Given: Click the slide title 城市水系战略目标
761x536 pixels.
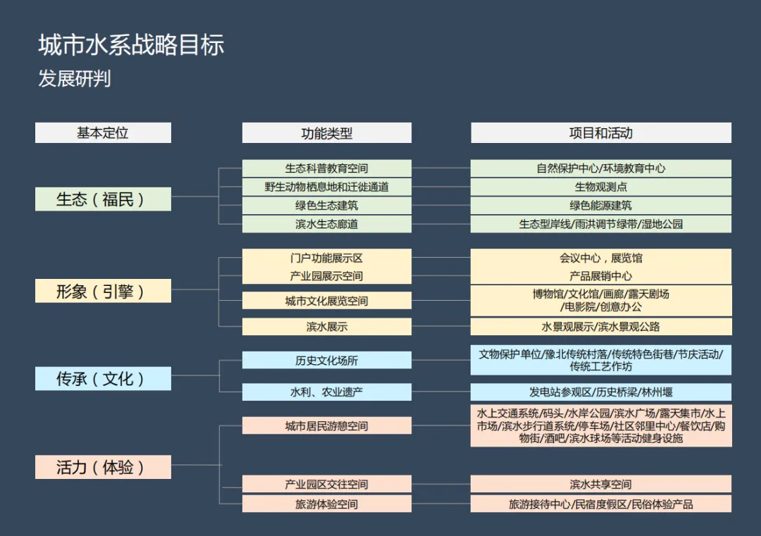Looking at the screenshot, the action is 131,46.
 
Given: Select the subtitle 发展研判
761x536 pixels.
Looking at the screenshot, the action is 75,79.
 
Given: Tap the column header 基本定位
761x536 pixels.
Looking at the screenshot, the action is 103,133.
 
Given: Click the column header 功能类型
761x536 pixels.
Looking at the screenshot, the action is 326,133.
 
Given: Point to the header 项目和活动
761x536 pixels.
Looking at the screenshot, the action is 600,133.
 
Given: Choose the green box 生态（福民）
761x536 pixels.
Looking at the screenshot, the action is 103,199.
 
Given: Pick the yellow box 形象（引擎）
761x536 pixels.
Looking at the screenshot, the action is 103,291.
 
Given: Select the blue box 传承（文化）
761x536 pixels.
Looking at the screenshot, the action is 103,379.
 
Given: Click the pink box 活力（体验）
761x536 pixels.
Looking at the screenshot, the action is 103,467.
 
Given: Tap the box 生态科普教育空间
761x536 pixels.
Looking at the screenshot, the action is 326,169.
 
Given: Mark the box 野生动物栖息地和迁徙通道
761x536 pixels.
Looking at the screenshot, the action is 326,187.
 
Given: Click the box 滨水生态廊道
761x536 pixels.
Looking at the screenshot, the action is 326,224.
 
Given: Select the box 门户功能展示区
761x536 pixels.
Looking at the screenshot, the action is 326,258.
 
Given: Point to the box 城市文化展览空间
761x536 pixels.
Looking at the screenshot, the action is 326,301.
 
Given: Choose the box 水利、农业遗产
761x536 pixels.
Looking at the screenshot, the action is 326,392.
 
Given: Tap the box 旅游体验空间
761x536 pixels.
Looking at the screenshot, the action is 326,504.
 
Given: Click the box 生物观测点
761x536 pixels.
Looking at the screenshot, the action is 600,187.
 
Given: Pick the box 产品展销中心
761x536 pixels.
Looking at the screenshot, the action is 600,276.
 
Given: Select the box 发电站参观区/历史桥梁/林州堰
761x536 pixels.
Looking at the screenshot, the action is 600,392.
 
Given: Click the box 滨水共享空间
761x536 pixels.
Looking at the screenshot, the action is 600,485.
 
